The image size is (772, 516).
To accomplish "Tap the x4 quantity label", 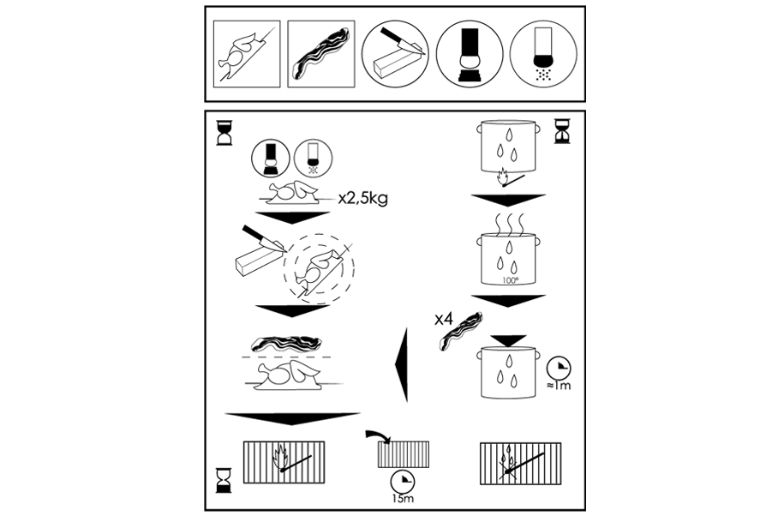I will (x=443, y=319).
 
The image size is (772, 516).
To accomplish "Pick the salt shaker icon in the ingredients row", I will (x=542, y=53).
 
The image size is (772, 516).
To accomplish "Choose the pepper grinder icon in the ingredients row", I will (x=469, y=53).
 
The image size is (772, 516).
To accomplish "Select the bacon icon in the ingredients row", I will (x=319, y=53).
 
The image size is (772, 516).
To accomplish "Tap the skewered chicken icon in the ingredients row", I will (x=245, y=53).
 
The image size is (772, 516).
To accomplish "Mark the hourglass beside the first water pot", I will (x=562, y=130).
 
